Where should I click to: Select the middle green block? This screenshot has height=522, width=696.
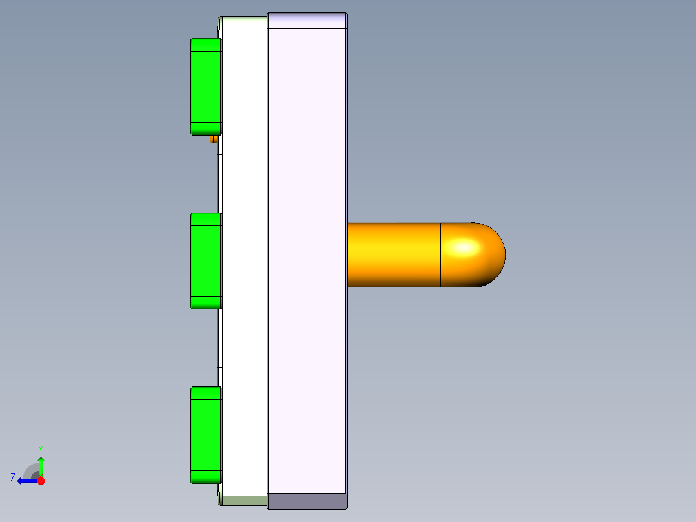click(206, 260)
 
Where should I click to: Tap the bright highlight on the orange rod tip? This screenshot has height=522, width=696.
click(464, 247)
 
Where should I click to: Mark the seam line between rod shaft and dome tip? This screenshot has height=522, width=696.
click(440, 255)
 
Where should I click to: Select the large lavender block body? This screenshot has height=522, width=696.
click(307, 258)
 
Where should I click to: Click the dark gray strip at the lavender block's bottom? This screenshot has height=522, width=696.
click(307, 501)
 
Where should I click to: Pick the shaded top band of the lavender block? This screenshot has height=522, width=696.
click(307, 21)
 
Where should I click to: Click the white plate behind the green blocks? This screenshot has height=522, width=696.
click(244, 258)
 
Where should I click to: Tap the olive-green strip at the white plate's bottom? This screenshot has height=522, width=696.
click(244, 500)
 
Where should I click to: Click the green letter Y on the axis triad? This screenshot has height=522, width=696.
click(40, 448)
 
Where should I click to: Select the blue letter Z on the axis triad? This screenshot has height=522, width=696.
click(13, 477)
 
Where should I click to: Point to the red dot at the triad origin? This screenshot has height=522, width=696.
click(41, 481)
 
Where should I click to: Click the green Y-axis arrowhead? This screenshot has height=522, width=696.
click(41, 461)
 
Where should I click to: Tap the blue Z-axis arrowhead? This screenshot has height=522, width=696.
click(21, 481)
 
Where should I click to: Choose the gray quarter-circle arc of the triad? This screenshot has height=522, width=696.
click(30, 469)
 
